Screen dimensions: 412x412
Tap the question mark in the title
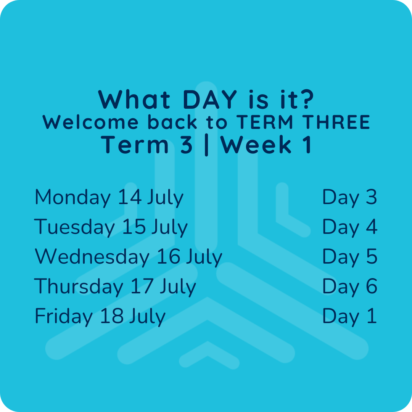307,99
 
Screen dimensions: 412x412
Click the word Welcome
90,122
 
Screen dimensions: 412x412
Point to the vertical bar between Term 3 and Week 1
206,146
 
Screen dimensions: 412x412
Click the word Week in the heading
256,145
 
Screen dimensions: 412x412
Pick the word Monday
73,197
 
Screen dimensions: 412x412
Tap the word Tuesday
74,227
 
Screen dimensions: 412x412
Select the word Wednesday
92,256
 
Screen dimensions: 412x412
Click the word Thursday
79,286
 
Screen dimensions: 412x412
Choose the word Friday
64,316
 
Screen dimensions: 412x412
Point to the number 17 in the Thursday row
142,286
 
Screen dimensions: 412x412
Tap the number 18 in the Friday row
112,315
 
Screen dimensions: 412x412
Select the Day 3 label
349,197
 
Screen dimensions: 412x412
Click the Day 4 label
350,227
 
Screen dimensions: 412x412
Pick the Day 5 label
350,256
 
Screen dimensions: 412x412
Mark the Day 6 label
350,286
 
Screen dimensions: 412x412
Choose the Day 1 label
349,316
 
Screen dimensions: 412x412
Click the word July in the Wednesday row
204,257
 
